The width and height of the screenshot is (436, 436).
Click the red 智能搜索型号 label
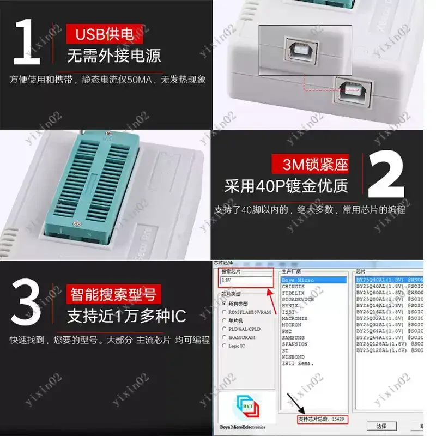[x=113, y=295]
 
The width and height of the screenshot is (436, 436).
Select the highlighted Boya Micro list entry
[x=313, y=280]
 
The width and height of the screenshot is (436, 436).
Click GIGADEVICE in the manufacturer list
[x=298, y=299]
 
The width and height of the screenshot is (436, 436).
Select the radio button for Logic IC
[x=225, y=346]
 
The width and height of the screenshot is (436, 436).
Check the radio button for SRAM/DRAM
[x=225, y=337]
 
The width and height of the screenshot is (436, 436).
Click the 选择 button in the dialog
[x=381, y=426]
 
